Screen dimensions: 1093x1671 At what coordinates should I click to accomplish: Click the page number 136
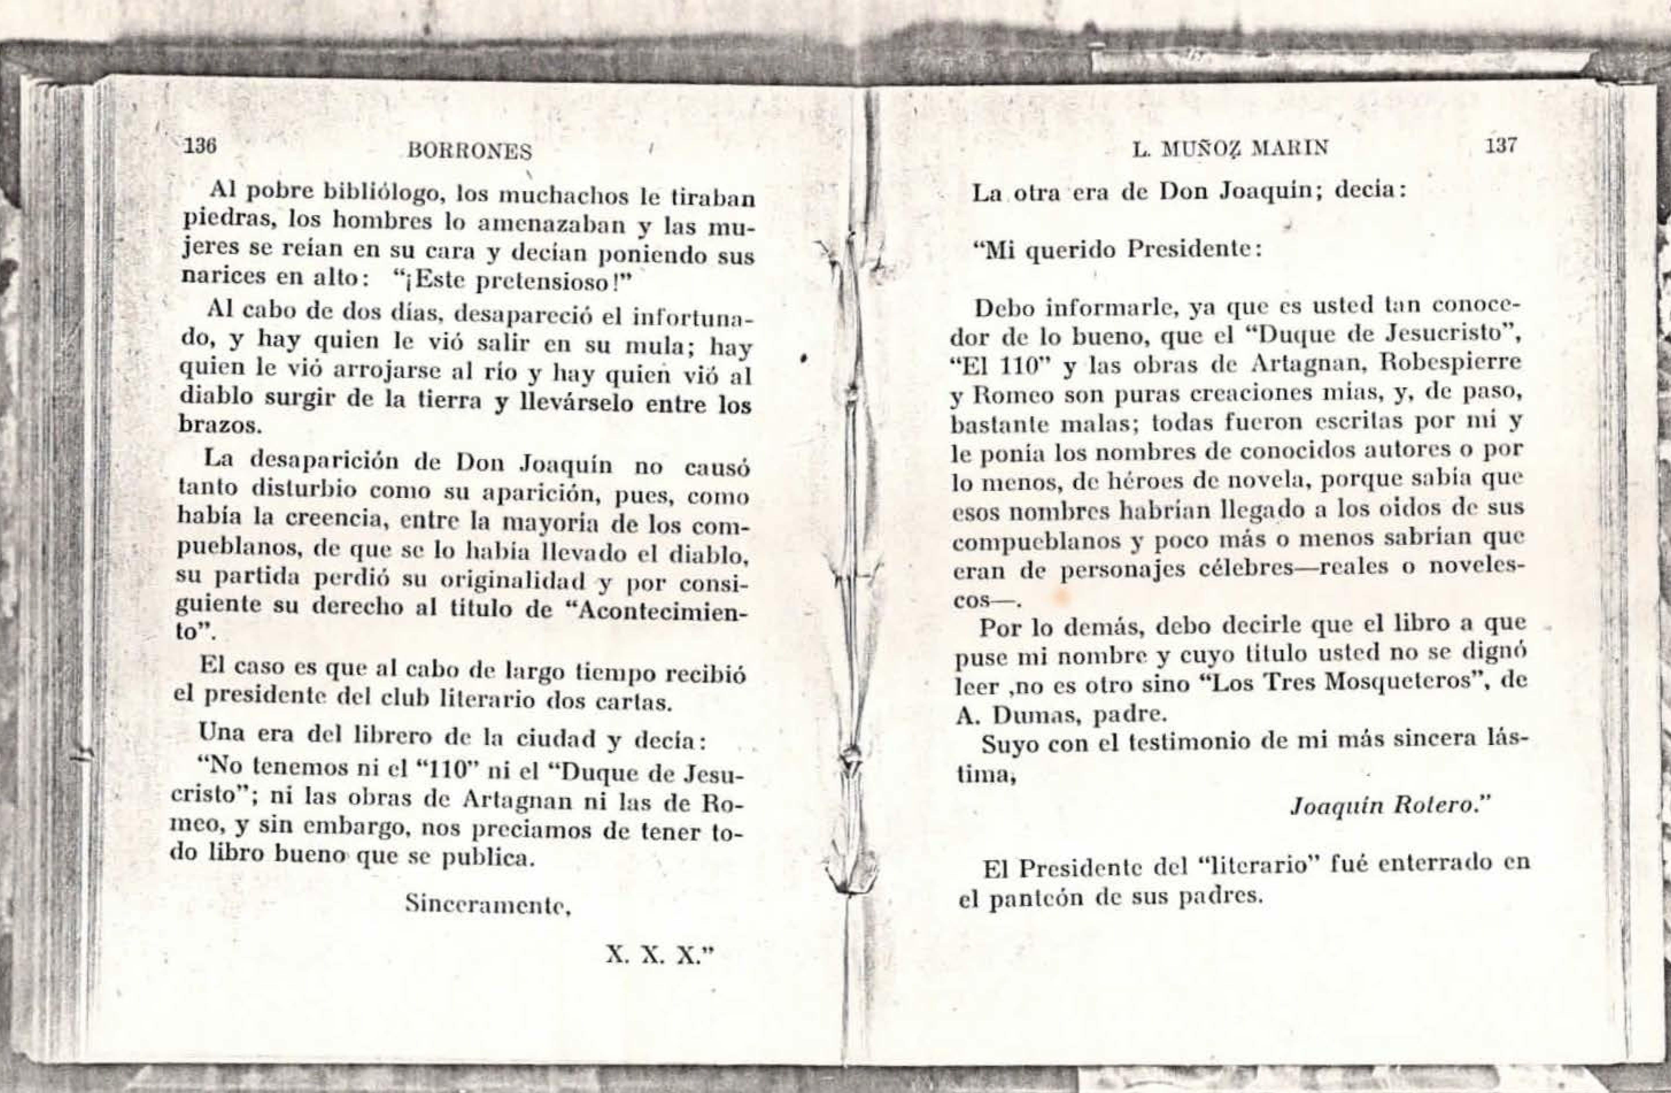(x=199, y=147)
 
